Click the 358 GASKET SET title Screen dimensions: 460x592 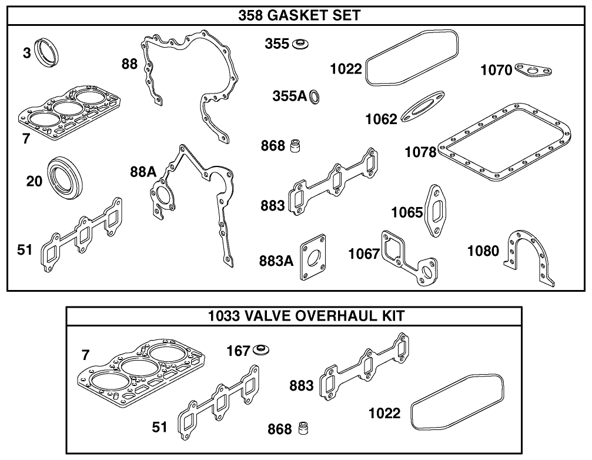click(299, 15)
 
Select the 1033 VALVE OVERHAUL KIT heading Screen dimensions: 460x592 click(306, 316)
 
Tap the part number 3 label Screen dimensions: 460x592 click(26, 54)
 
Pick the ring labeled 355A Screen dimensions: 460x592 click(315, 96)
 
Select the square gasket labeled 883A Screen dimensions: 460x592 click(313, 259)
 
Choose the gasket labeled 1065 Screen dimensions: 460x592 click(436, 211)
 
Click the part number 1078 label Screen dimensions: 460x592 click(420, 152)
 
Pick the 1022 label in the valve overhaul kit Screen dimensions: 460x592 click(384, 413)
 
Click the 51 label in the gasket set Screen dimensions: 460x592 click(24, 250)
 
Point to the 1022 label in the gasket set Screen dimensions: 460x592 click(346, 69)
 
